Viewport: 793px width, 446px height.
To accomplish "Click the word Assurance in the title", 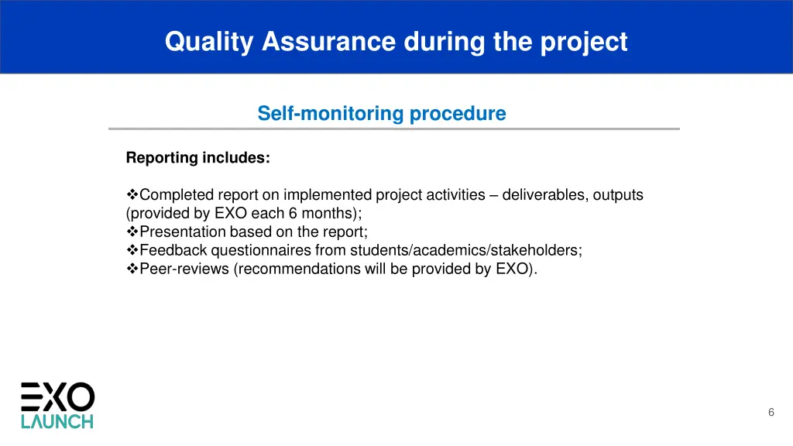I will click(x=328, y=41).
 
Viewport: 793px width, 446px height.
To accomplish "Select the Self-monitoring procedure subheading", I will click(x=381, y=114).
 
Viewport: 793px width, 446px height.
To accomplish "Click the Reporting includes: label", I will click(x=197, y=158).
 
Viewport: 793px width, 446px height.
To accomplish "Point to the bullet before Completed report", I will click(x=132, y=195).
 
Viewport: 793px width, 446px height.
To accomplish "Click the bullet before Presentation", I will click(x=132, y=232).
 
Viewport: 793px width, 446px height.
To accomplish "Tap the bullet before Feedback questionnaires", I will click(x=132, y=251).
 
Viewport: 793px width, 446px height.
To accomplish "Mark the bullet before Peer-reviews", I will click(x=132, y=269).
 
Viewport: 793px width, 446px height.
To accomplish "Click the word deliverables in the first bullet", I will click(x=544, y=195).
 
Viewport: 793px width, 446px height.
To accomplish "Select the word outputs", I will click(x=618, y=195).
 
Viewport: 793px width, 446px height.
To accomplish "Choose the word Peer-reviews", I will click(x=184, y=269).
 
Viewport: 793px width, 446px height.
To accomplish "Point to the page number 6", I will click(x=771, y=413).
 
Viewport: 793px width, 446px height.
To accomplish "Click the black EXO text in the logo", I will click(x=57, y=397).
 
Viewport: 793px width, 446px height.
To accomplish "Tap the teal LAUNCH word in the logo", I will click(x=57, y=422).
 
